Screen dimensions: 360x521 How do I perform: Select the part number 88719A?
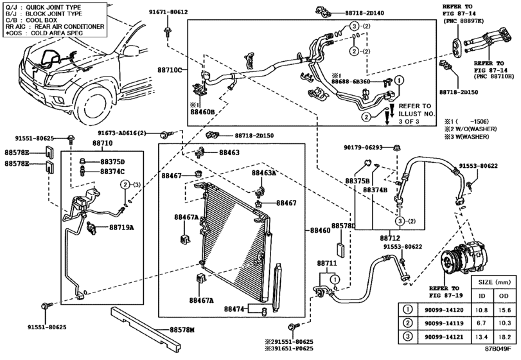pos(121,227)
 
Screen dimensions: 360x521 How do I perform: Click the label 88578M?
pos(182,330)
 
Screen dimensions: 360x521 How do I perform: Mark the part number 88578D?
pos(343,226)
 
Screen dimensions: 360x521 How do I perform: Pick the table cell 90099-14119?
pos(439,322)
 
